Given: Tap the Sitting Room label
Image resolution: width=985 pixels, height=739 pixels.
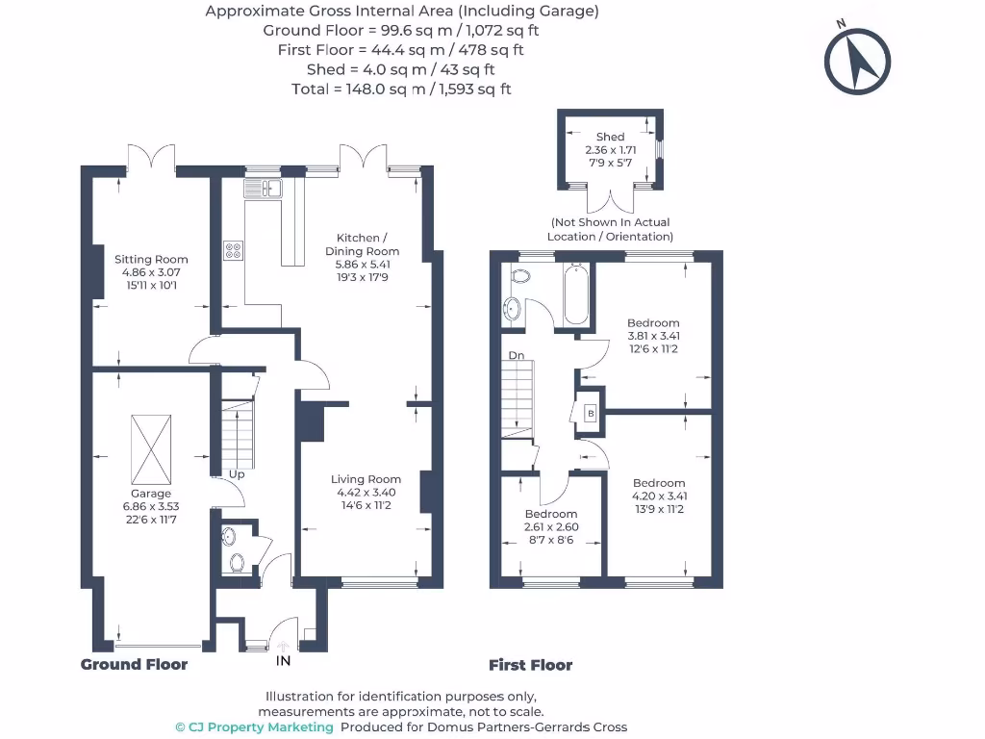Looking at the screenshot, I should click(x=151, y=259).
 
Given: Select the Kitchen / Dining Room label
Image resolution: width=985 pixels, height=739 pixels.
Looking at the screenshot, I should click(x=362, y=244).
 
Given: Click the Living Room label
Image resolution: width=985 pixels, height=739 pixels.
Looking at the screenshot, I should click(x=366, y=479).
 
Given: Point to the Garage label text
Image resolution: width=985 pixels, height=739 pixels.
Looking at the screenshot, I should click(x=151, y=494).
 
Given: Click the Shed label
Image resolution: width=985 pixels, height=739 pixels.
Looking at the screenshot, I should click(x=610, y=137).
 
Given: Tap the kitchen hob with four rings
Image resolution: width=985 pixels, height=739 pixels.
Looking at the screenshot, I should click(x=234, y=250).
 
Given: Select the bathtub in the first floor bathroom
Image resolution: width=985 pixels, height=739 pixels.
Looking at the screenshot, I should click(x=576, y=294).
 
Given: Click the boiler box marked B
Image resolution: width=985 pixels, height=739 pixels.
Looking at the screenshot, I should click(x=590, y=413).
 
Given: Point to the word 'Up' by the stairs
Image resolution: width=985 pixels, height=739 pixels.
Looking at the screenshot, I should click(x=236, y=474).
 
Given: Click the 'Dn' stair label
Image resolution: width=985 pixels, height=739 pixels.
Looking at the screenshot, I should click(x=517, y=355).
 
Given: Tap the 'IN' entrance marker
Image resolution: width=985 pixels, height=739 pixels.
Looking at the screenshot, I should click(x=284, y=661).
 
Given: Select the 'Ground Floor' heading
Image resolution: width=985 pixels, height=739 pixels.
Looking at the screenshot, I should click(x=134, y=665).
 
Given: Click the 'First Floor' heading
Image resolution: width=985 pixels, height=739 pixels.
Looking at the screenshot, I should click(x=530, y=665).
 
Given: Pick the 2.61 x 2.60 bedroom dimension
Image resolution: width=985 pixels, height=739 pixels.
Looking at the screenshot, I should click(x=551, y=527).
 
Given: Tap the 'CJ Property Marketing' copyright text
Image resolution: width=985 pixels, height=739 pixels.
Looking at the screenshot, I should click(x=254, y=727).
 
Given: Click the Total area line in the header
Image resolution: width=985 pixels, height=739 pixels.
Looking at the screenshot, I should click(x=401, y=89).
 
